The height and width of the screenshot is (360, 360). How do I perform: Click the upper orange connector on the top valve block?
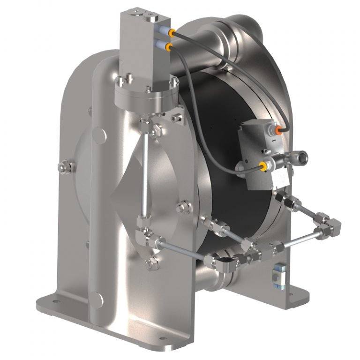tap(172, 33)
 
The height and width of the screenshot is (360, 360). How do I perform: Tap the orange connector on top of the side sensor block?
tap(279, 127)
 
